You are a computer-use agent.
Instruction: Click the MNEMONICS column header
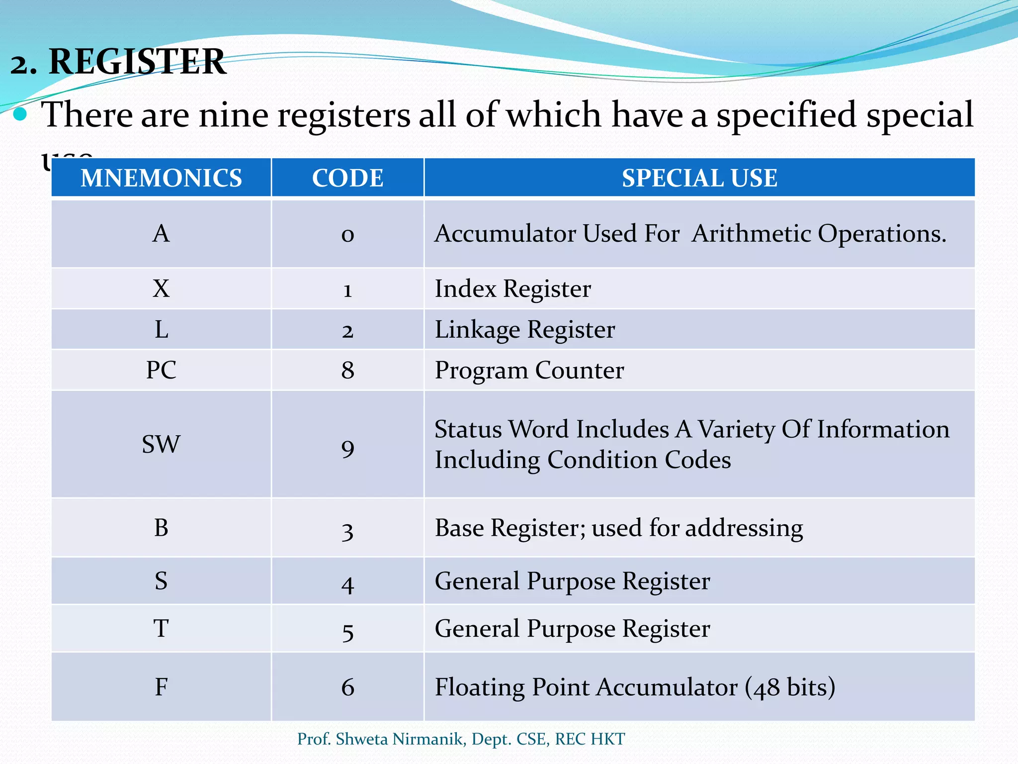[161, 178]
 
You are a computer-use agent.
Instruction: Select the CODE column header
[347, 178]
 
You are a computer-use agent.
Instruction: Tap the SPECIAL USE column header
[699, 178]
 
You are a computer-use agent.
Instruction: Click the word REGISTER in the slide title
[137, 62]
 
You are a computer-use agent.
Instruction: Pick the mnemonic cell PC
[161, 370]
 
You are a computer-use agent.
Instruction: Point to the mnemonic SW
[161, 444]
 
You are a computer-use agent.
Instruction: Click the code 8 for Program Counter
[347, 371]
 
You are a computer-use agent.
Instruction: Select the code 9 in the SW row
[347, 448]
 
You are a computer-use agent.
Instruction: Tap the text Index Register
[512, 289]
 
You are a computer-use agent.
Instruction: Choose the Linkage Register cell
[524, 330]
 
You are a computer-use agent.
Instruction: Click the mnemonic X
[161, 288]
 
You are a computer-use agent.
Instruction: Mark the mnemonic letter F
[161, 687]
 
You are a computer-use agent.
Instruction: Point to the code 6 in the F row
[347, 687]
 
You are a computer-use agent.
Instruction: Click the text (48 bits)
[790, 687]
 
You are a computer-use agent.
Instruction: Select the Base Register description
[618, 528]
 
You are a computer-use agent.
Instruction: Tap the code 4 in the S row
[347, 584]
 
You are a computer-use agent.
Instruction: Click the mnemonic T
[161, 629]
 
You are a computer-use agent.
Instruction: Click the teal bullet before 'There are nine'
[20, 115]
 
